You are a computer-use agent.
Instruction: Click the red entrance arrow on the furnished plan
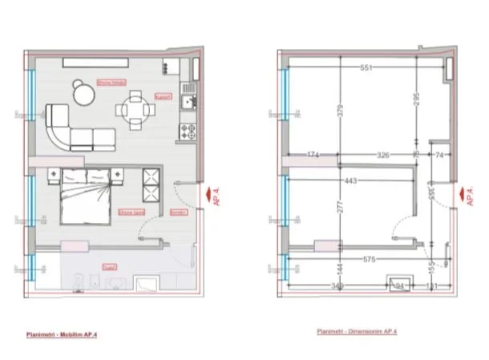tap(209, 193)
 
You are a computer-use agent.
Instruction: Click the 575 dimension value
tap(370, 259)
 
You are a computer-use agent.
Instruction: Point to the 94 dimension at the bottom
tap(402, 284)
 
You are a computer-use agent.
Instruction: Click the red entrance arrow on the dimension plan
tap(457, 193)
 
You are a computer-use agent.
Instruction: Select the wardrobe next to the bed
tap(151, 186)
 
